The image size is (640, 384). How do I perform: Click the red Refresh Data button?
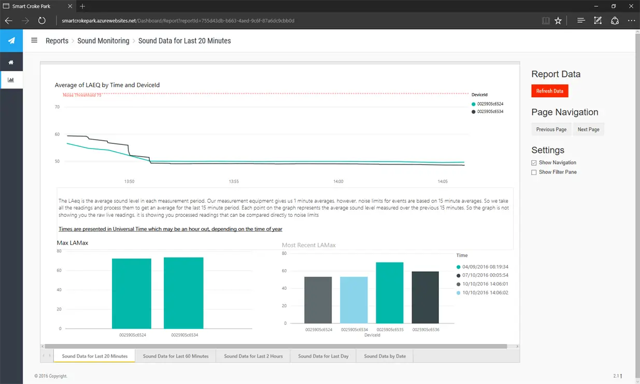coord(549,91)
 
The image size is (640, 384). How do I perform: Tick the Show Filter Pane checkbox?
coord(534,172)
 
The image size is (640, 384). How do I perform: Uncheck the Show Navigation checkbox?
coord(534,163)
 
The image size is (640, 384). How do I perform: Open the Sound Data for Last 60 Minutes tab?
coord(176,356)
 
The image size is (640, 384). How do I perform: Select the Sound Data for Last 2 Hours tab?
coord(253,356)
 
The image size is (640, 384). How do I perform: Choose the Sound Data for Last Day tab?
coord(323,356)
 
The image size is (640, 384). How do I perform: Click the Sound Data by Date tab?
coord(385,356)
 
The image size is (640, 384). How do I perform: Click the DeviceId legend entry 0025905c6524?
coord(490,104)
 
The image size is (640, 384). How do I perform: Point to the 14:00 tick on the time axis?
coord(338,182)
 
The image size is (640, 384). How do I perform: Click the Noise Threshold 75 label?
coord(82,95)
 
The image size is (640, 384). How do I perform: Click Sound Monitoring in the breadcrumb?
coord(103,41)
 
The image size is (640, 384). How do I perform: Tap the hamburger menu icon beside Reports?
coord(34,40)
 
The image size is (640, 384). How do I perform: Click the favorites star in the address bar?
coord(558,21)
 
